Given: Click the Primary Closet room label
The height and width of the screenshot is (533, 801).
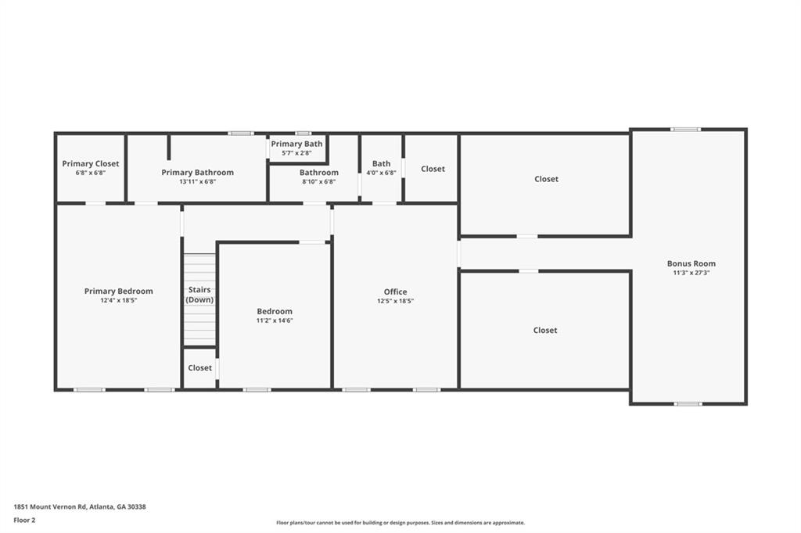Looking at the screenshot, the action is pyautogui.click(x=91, y=163).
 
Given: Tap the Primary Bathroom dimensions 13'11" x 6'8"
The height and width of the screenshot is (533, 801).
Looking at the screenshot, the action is pyautogui.click(x=198, y=181).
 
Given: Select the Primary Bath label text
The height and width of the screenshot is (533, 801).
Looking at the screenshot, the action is pyautogui.click(x=296, y=144).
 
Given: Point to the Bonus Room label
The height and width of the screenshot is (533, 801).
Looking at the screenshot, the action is pyautogui.click(x=691, y=263).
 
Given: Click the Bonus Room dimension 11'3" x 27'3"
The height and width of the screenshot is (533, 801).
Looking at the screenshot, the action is pyautogui.click(x=691, y=273).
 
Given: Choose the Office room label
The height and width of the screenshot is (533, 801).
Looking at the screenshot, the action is pyautogui.click(x=395, y=292).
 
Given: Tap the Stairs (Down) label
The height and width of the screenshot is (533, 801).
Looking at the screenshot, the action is pyautogui.click(x=199, y=295).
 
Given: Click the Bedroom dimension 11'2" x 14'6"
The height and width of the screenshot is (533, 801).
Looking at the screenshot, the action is pyautogui.click(x=275, y=320).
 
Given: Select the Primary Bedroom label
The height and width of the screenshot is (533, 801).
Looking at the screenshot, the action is pyautogui.click(x=119, y=291).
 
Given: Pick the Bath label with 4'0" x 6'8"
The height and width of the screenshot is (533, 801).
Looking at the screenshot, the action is pyautogui.click(x=381, y=163).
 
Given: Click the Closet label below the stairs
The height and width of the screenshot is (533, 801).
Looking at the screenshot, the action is pyautogui.click(x=199, y=367).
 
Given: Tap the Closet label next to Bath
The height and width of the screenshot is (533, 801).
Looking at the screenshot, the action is pyautogui.click(x=433, y=169).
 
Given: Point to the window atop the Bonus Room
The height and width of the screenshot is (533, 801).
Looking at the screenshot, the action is pyautogui.click(x=686, y=130).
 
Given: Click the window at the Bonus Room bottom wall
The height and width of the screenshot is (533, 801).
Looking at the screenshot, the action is pyautogui.click(x=688, y=404).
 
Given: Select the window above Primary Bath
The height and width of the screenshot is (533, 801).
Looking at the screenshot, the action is pyautogui.click(x=303, y=134).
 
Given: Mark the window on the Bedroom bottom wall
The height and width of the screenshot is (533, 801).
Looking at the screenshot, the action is pyautogui.click(x=257, y=390).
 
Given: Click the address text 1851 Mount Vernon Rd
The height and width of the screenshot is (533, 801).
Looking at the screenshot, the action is pyautogui.click(x=51, y=507).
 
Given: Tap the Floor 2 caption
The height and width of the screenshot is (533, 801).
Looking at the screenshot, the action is pyautogui.click(x=24, y=520).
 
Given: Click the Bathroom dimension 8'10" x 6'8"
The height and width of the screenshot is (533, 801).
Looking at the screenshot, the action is pyautogui.click(x=319, y=181).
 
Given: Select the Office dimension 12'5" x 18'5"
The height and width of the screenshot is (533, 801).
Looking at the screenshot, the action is pyautogui.click(x=395, y=301).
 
